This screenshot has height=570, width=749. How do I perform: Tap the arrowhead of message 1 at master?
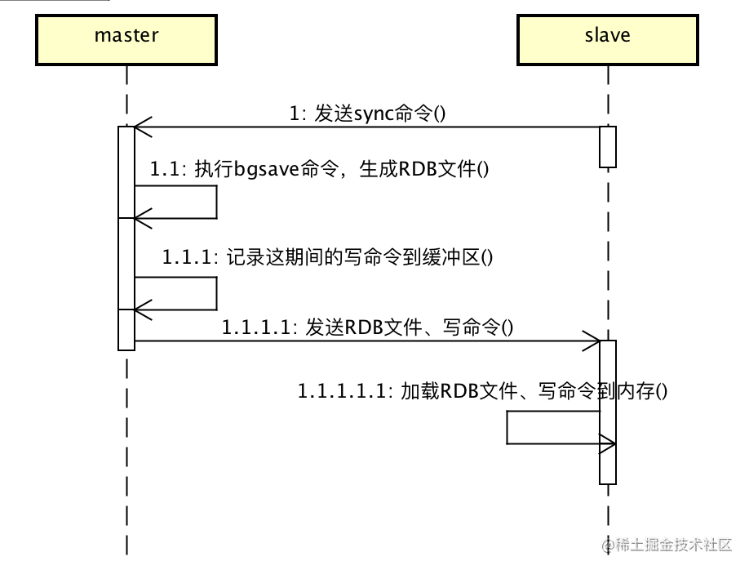[141, 127]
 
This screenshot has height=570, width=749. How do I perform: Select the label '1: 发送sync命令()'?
[367, 114]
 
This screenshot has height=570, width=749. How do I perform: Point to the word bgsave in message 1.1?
[263, 170]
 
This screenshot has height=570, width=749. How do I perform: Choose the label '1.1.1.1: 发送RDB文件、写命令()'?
[367, 328]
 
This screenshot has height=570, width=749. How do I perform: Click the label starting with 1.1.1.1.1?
[482, 391]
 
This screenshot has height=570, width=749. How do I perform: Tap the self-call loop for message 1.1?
[215, 202]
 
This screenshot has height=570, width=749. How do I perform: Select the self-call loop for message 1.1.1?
[215, 293]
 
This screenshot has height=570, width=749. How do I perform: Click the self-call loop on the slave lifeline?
[507, 427]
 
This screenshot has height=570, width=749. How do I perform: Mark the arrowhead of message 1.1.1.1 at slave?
[594, 341]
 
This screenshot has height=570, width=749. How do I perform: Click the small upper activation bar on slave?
[608, 147]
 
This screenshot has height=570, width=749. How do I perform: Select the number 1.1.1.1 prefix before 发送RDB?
[256, 328]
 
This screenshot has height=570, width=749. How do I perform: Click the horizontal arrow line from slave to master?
[367, 127]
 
